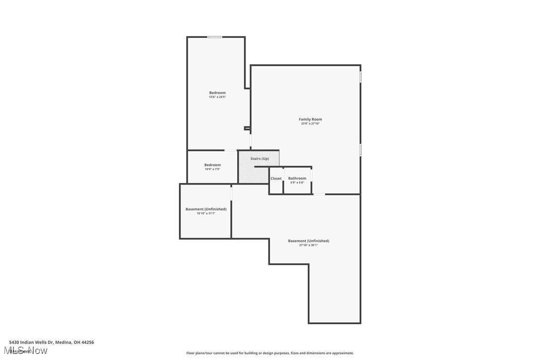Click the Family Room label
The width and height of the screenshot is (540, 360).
(310, 119)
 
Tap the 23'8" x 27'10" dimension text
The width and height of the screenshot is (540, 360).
(310, 124)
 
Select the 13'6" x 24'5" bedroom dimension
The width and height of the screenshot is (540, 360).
(217, 97)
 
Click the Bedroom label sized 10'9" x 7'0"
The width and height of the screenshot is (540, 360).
(212, 165)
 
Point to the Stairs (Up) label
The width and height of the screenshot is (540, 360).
(260, 159)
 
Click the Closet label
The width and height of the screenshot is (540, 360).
(276, 179)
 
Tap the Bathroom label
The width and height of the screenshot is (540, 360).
(297, 179)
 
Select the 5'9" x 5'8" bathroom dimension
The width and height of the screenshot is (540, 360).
(297, 182)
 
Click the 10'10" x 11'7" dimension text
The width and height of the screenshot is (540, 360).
(206, 213)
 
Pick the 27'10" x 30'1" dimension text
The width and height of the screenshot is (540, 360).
(308, 245)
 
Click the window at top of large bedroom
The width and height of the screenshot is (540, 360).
(215, 37)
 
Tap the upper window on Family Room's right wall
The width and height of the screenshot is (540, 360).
(360, 77)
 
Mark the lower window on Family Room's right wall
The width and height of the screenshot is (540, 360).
(360, 150)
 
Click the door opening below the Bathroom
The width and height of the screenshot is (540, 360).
(319, 194)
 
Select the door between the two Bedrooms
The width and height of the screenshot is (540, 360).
(231, 150)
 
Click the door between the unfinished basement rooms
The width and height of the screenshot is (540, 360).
(231, 193)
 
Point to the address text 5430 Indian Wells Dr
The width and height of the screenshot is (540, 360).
(51, 342)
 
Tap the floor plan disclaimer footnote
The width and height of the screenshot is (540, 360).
(270, 353)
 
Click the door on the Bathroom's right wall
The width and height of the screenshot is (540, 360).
(312, 176)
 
